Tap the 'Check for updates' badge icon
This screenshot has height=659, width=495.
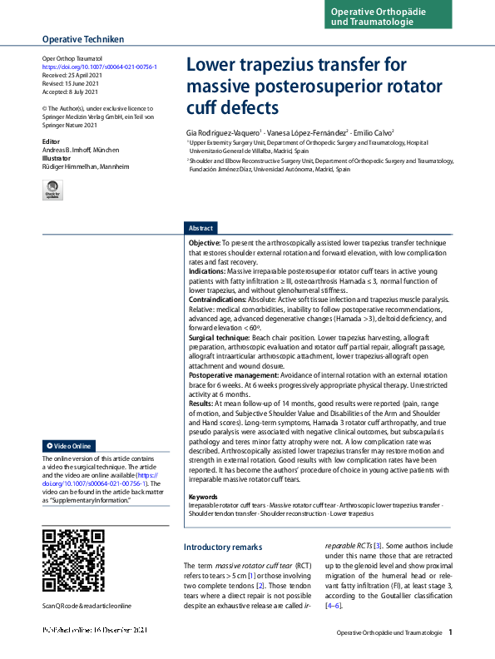tap(53, 191)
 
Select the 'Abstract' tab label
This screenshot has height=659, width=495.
tap(201, 228)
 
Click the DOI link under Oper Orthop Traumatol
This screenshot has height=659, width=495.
tap(99, 67)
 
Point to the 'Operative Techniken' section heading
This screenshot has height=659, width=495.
tap(83, 39)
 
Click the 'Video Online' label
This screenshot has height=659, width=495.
tap(71, 446)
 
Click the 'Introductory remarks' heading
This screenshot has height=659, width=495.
tap(223, 547)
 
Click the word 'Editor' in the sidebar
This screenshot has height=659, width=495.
tap(52, 142)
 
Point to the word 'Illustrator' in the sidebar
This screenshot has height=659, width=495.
tap(57, 158)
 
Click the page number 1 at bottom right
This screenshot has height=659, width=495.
tap(450, 632)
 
